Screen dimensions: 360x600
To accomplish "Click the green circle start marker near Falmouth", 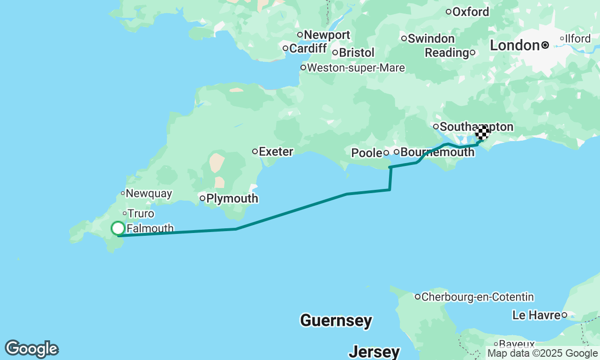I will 118,228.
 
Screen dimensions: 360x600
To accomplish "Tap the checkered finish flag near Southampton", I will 482,133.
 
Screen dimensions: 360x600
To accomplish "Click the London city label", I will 515,45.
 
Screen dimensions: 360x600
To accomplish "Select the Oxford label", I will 471,12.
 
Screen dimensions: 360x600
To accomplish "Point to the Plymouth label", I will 232,198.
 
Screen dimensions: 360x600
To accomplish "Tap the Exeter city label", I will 276,151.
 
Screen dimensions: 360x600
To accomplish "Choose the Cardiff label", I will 307,48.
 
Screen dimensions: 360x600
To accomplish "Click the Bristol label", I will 356,52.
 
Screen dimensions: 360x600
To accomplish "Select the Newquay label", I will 149,193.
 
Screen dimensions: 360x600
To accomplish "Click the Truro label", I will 141,214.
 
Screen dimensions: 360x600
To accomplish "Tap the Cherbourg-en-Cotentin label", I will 477,297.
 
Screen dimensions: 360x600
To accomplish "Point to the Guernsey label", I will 336,321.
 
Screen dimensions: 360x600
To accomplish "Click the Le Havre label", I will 536,315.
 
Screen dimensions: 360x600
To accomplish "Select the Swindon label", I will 431,38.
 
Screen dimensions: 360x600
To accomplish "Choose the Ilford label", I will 577,38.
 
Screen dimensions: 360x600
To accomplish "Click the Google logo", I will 32,349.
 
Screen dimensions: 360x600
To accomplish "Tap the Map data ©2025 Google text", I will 542,353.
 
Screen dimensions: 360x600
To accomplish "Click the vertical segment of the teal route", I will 390,179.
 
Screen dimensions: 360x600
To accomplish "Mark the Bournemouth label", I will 437,152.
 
